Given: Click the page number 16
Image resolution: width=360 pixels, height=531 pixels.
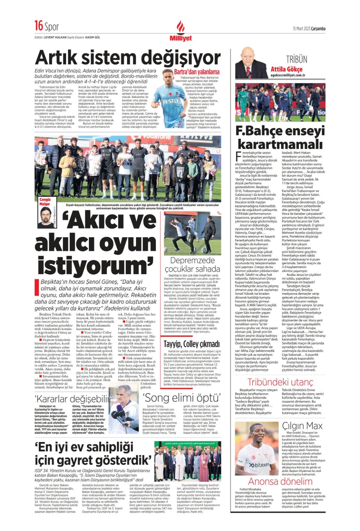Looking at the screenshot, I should click(x=39, y=26).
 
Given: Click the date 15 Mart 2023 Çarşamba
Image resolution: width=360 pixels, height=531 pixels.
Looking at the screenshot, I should click(x=309, y=29).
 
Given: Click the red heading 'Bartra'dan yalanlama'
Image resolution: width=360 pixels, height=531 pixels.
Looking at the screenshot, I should click(x=197, y=72).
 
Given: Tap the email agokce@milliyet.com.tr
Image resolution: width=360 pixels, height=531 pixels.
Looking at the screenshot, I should click(x=287, y=75).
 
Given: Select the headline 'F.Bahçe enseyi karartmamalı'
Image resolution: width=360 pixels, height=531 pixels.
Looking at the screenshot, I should click(x=280, y=138).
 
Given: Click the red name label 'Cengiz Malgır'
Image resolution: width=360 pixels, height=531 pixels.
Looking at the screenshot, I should click(x=45, y=202).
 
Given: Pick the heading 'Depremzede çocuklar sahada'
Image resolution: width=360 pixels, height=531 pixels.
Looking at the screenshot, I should click(x=192, y=264).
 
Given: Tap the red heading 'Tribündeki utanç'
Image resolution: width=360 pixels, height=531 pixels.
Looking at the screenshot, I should click(x=280, y=382).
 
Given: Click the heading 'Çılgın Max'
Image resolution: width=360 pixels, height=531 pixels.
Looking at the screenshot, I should click(x=302, y=426).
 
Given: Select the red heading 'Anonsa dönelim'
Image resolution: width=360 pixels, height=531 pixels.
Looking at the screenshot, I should click(x=280, y=481).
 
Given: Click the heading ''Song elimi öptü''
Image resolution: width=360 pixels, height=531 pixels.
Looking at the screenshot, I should click(x=182, y=398).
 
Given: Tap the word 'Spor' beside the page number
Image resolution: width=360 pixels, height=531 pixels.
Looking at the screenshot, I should click(x=52, y=27).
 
